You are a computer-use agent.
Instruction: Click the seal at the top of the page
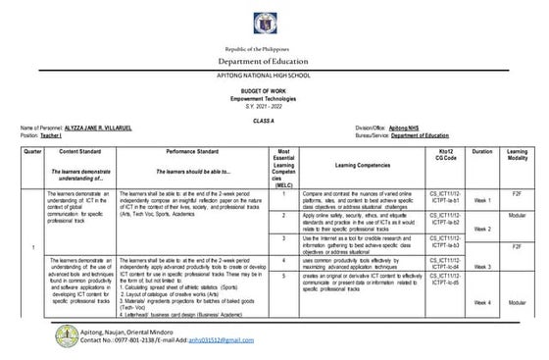coord(274,21)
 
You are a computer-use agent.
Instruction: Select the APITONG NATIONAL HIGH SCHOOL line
coord(274,77)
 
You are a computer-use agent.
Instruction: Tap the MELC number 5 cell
coord(282,278)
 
